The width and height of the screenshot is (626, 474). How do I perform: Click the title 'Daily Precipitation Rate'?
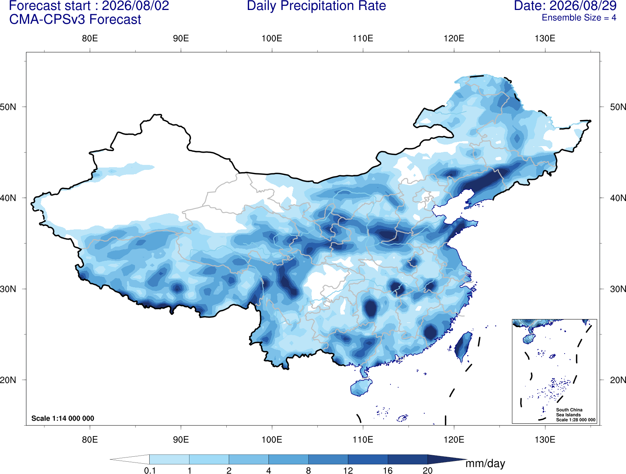[x=316, y=6]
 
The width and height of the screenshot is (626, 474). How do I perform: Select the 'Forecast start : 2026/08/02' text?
[x=89, y=6]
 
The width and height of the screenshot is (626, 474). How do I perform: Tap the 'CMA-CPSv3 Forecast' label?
[x=75, y=20]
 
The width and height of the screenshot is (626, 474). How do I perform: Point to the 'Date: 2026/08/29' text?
[x=565, y=6]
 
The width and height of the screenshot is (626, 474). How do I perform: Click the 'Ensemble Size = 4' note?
[x=579, y=18]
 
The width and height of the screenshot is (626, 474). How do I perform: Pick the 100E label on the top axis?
[x=272, y=38]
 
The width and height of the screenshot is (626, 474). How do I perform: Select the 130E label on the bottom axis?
[x=545, y=439]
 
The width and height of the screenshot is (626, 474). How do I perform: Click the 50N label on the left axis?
[x=8, y=107]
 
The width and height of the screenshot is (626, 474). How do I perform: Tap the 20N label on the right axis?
[x=618, y=380]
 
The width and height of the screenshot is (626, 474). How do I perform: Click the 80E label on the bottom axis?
[x=90, y=439]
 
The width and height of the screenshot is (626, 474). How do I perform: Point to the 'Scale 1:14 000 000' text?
[x=63, y=418]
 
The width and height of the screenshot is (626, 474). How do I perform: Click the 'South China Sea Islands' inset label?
[x=569, y=412]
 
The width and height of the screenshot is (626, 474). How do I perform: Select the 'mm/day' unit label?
[x=485, y=464]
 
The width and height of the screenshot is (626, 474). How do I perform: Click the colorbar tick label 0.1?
[x=150, y=470]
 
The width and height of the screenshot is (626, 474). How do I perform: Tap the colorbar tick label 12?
[x=348, y=470]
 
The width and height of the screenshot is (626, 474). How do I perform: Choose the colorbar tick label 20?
[x=428, y=470]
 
